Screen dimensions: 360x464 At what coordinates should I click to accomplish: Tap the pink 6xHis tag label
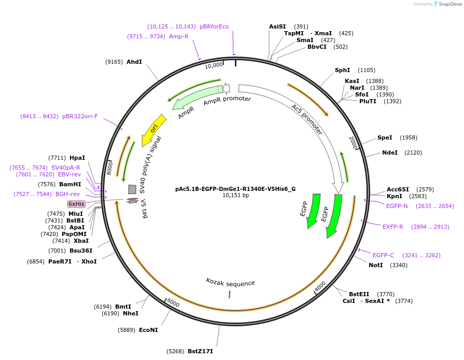point(76,204)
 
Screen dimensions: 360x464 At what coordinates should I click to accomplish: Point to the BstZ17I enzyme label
point(200,351)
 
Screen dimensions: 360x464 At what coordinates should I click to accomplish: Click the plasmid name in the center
point(235,189)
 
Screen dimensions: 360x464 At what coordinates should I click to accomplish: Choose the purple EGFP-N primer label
point(397,206)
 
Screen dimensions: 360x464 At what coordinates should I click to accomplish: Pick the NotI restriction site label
point(376,265)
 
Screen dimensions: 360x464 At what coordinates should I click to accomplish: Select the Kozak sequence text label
point(231,283)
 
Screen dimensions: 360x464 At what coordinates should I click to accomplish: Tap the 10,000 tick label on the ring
point(214,65)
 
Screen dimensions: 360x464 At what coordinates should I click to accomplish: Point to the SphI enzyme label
point(342,70)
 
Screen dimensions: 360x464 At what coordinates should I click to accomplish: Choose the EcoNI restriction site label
point(148,329)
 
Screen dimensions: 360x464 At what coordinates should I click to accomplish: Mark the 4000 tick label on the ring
point(320,286)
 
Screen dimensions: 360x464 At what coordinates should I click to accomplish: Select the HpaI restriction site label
point(77,158)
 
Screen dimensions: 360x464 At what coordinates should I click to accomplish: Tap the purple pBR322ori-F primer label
point(80,116)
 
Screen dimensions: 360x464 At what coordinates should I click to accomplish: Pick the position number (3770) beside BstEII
point(386,294)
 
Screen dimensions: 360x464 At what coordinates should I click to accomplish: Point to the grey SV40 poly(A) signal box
point(132,189)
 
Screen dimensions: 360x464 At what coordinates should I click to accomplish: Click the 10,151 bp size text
point(235,196)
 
